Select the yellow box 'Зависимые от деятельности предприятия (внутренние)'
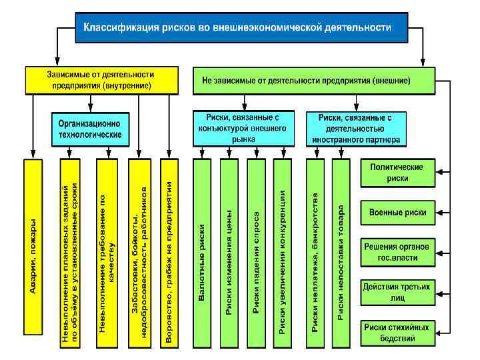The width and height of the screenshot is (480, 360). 99,79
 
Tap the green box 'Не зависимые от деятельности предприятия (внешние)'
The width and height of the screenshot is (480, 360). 313,79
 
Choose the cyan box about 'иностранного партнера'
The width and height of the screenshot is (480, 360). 355,129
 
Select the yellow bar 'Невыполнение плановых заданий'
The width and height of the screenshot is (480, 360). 69,253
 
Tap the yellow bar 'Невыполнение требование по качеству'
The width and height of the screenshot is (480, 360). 107,253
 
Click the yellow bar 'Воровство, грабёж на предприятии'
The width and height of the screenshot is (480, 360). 169,253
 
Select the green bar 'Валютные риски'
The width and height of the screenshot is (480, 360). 202,253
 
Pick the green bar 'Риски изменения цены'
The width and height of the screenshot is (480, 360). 229,253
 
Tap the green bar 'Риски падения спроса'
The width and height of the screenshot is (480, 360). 256,253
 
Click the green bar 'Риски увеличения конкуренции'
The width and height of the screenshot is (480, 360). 283,253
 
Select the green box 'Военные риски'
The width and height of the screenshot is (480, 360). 399,212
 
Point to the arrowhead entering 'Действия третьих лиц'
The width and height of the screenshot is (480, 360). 439,291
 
